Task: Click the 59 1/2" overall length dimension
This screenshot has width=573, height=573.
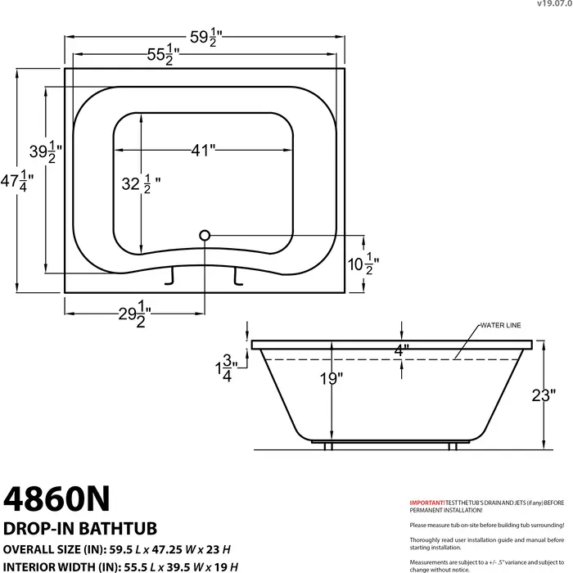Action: coord(205,38)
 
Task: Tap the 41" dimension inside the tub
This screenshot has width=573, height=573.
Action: coord(202,150)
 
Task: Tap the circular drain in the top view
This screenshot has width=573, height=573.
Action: coord(204,236)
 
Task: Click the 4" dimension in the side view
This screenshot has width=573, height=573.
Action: coord(401,350)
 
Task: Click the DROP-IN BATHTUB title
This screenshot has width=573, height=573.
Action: coord(80,529)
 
